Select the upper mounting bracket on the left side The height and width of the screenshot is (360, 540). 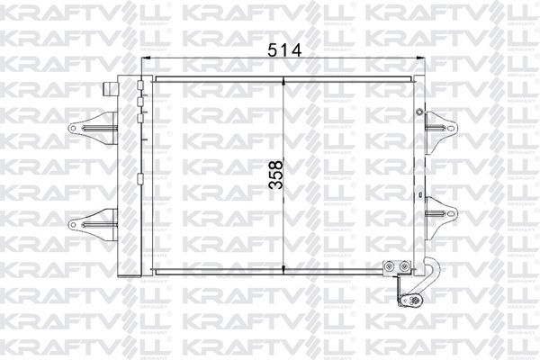click(92, 129)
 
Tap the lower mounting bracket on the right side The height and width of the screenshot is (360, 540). click(440, 213)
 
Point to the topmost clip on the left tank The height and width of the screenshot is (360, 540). click(140, 87)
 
